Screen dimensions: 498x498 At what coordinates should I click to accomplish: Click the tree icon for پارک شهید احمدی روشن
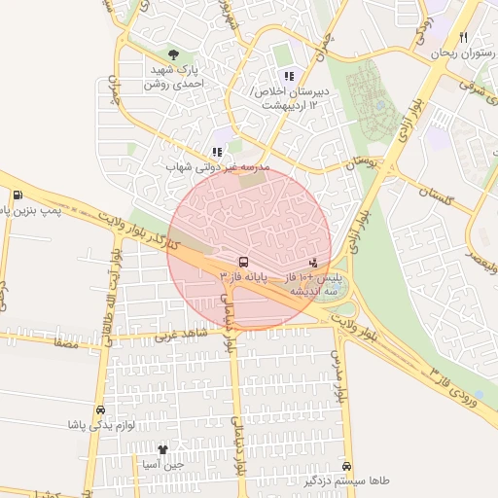pyautogui.click(x=173, y=54)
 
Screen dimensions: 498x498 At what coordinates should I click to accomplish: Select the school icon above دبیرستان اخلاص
pyautogui.click(x=288, y=75)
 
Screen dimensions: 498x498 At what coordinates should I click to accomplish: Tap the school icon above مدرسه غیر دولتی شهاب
pyautogui.click(x=217, y=152)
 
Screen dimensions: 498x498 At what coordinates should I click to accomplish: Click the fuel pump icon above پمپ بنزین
pyautogui.click(x=20, y=194)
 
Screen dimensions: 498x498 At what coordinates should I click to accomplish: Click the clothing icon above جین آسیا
pyautogui.click(x=162, y=449)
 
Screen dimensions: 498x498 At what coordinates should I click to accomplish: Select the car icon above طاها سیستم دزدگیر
pyautogui.click(x=347, y=466)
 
